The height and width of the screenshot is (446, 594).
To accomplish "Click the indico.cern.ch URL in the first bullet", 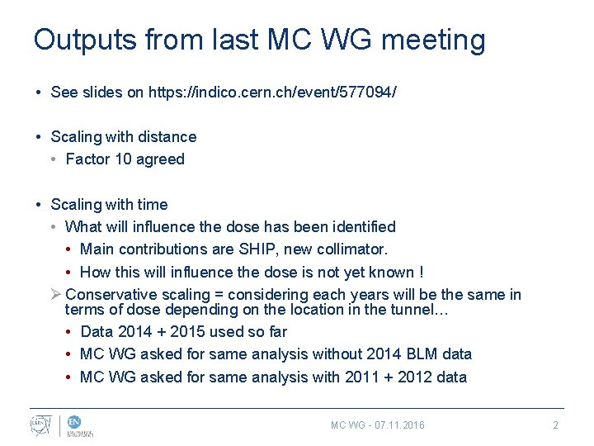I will [272, 93].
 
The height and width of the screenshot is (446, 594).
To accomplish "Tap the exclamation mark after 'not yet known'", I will [422, 273].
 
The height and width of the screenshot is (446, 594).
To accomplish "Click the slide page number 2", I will [555, 425].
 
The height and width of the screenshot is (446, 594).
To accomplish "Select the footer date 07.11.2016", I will [399, 425].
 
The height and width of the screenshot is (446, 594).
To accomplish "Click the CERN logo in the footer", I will [39, 424].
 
